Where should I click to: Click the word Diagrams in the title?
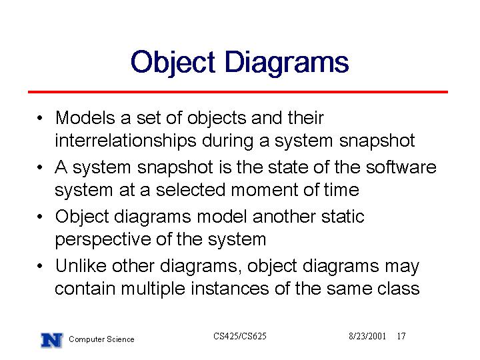(287, 63)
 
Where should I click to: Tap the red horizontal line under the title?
(238, 92)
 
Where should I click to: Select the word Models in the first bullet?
(85, 117)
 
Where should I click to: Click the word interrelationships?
(125, 141)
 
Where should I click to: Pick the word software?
(401, 167)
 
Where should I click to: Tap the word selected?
(190, 190)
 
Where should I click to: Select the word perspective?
(103, 240)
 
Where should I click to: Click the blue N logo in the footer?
(52, 340)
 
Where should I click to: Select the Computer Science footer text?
(101, 339)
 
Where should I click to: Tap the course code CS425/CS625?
(240, 336)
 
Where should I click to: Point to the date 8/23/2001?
(367, 336)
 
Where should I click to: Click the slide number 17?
(401, 336)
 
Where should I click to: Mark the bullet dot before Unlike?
(39, 266)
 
